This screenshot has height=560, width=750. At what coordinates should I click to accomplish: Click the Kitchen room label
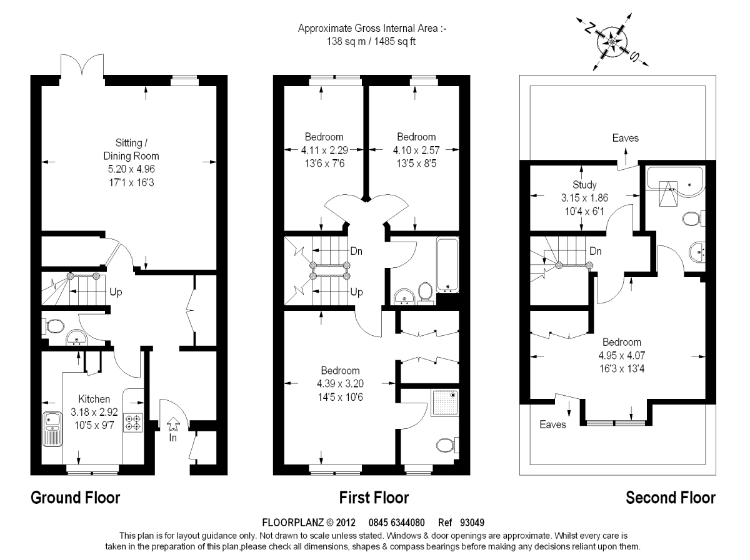94,399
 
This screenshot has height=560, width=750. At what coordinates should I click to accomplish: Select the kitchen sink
51,429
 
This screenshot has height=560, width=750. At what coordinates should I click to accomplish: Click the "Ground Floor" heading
75,498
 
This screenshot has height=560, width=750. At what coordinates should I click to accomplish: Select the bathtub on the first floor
447,264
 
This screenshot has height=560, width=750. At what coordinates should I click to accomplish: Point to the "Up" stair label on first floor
357,292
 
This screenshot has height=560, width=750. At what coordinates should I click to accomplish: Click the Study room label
585,185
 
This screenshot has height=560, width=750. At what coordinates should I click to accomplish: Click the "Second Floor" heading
670,498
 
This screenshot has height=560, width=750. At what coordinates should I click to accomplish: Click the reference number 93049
472,523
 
